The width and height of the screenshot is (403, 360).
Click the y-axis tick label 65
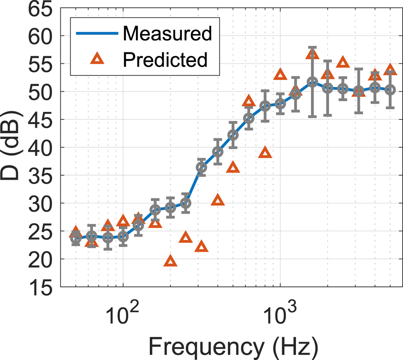40,9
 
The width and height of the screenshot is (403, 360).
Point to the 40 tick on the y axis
40,147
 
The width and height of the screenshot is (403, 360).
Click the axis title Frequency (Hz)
233,347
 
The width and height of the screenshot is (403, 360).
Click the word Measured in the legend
167,33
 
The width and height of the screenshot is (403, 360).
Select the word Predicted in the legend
165,59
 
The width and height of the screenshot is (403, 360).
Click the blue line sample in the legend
97,33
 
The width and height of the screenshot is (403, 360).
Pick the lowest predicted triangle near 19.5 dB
170,261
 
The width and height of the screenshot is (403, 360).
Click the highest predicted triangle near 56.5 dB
312,54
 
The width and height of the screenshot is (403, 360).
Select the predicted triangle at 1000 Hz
280,75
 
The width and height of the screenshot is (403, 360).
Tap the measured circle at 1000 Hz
280,104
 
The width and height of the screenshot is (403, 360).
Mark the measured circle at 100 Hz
123,237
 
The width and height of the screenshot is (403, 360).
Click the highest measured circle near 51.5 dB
312,82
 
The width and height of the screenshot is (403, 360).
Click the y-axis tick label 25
40,232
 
